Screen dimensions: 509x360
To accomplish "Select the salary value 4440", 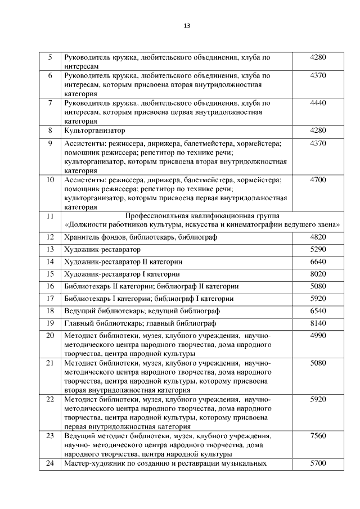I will [318, 103].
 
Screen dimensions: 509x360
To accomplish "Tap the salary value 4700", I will [318, 180].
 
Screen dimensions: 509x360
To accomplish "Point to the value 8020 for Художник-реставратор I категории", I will [318, 274].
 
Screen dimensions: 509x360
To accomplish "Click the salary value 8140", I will [318, 323].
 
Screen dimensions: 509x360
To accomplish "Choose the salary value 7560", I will [318, 436].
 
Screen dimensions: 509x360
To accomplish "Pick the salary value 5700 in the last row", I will [318, 463].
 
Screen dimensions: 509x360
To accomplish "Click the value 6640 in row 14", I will [318, 262].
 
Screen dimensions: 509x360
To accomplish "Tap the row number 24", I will [50, 463].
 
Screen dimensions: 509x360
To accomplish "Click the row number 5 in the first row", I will [50, 57].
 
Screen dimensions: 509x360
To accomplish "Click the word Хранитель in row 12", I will [82, 237].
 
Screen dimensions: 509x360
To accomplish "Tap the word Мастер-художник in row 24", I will [93, 463].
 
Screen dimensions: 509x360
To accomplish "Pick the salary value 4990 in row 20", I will [318, 336].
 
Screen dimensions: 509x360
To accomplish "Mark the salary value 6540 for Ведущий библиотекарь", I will [318, 311].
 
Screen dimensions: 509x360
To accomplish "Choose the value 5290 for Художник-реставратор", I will [318, 249].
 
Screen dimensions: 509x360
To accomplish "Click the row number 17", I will [50, 299].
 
